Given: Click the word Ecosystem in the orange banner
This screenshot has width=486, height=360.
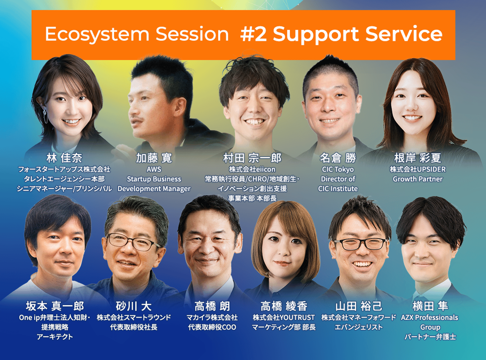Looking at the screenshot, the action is click(x=97, y=35).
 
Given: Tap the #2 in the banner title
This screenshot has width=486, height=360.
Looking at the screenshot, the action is click(x=254, y=34).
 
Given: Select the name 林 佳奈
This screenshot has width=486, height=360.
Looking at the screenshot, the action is click(x=64, y=158).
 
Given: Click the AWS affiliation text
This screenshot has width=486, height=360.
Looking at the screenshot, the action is click(x=154, y=169).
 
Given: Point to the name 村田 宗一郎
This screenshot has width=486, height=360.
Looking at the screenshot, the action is click(x=252, y=158).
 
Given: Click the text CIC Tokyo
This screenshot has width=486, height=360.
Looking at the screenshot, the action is click(x=338, y=169).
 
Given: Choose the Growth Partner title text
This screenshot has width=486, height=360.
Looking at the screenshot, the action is click(x=418, y=179).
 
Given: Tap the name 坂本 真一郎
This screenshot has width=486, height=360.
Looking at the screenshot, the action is click(x=55, y=306).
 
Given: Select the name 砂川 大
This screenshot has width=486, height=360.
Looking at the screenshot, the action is click(x=134, y=306).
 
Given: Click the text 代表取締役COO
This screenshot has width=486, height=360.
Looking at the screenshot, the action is click(x=212, y=327).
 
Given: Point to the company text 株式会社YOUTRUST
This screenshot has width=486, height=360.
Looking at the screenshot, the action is click(x=284, y=318).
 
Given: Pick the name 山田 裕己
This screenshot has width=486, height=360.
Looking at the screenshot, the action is click(x=359, y=306).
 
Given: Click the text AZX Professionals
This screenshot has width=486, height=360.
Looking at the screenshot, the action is click(x=430, y=318).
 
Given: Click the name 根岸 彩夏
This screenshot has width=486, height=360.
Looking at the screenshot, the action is click(x=418, y=158).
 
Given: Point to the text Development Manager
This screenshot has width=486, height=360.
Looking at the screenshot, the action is click(x=154, y=188).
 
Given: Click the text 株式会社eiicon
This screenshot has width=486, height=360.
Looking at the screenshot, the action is click(x=252, y=169).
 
